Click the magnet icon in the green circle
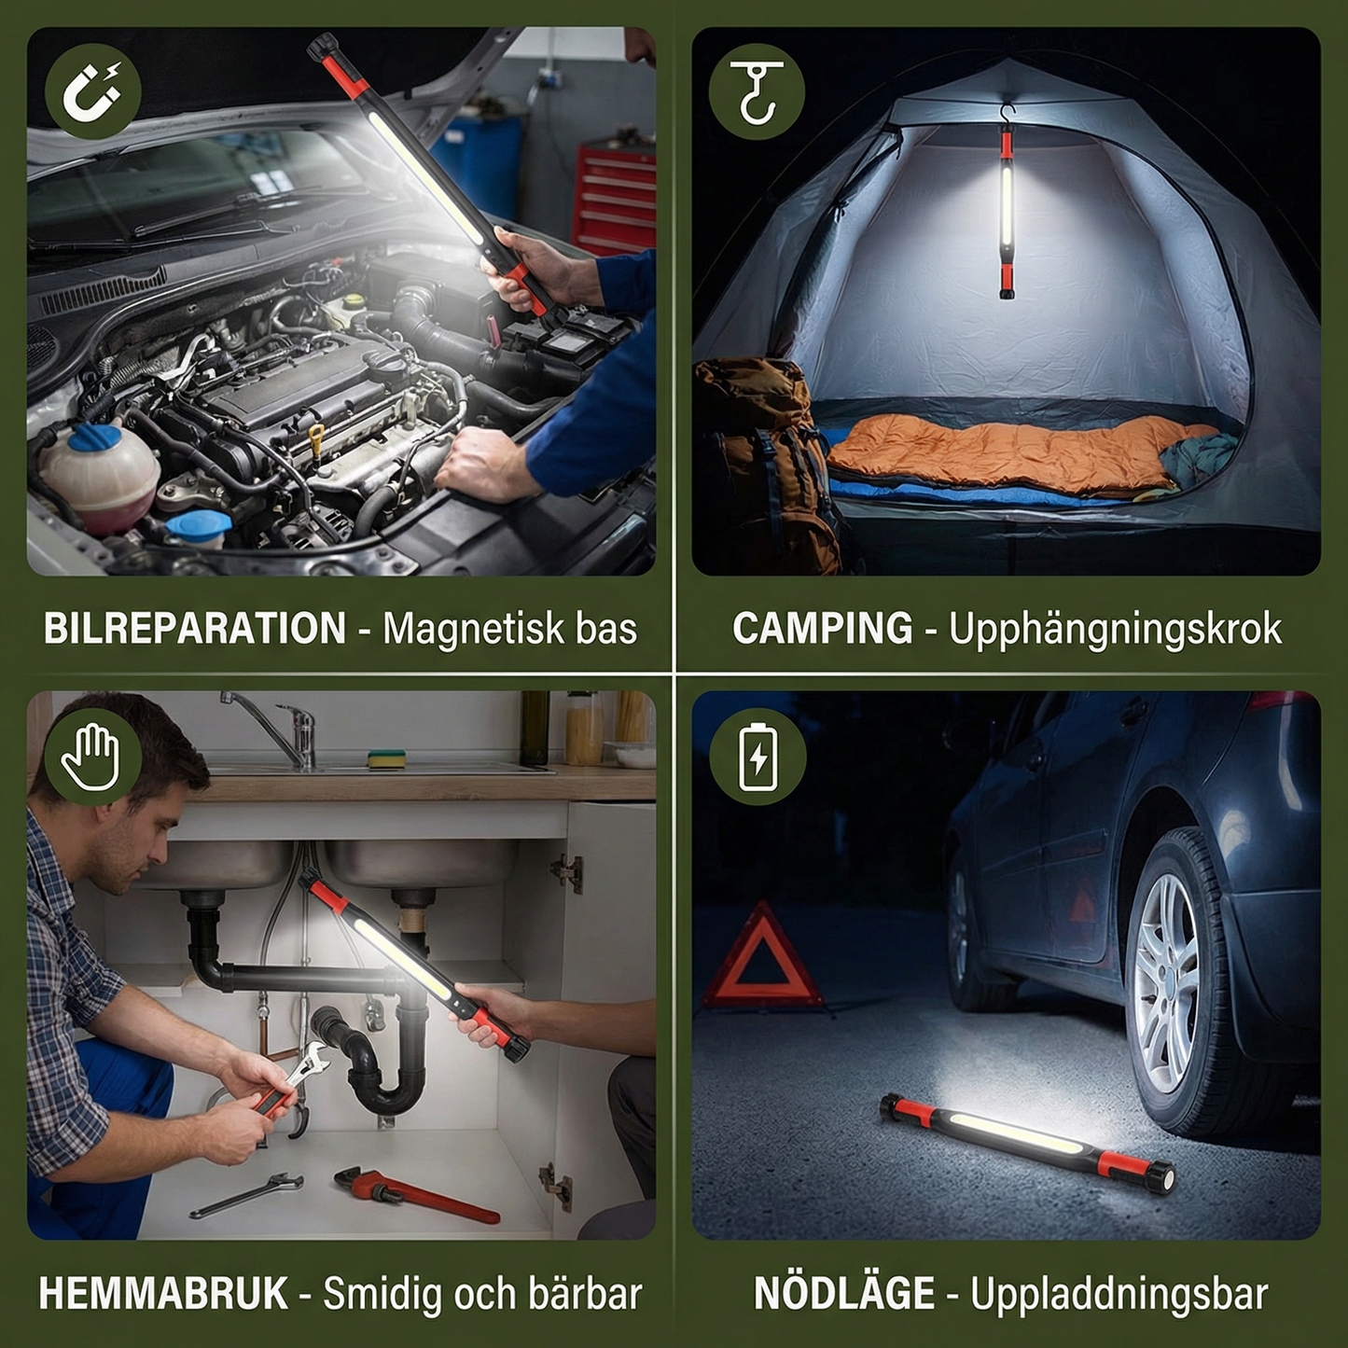click(92, 91)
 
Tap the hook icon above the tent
click(756, 91)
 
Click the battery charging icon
click(757, 757)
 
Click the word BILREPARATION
click(195, 629)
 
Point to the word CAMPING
click(822, 629)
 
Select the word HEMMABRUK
click(163, 1294)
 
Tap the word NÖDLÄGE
click(843, 1294)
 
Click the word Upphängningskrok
click(1115, 630)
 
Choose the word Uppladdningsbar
click(1119, 1295)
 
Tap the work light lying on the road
click(1026, 1143)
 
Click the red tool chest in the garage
click(615, 196)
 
